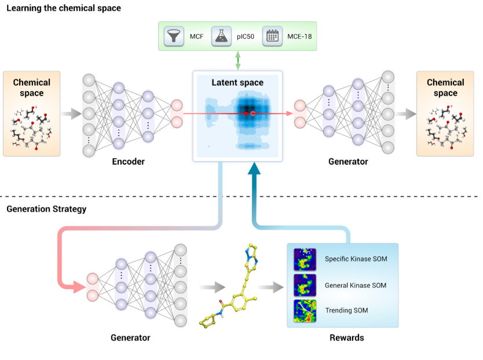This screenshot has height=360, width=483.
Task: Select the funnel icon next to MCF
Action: coord(173,37)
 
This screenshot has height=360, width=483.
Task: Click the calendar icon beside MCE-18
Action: coord(272,37)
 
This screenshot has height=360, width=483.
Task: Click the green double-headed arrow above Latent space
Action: coord(237,60)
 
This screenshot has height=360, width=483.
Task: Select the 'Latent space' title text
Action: coord(237,83)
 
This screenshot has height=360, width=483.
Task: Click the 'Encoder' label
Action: coord(128,162)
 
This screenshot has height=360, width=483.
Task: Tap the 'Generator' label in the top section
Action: coord(348,162)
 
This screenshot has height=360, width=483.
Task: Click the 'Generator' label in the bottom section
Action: coord(130,337)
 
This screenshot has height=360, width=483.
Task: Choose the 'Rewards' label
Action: coord(347,337)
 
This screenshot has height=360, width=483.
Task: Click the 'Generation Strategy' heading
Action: coord(46,209)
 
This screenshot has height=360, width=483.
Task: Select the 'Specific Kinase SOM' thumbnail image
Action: coord(305,259)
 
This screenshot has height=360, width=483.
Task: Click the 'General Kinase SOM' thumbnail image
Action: coord(305,285)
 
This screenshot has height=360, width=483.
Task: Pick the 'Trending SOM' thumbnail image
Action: coord(305,311)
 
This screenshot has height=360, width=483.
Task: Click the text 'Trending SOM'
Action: coord(346,311)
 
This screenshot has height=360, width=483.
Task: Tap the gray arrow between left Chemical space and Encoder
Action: coord(71,114)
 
